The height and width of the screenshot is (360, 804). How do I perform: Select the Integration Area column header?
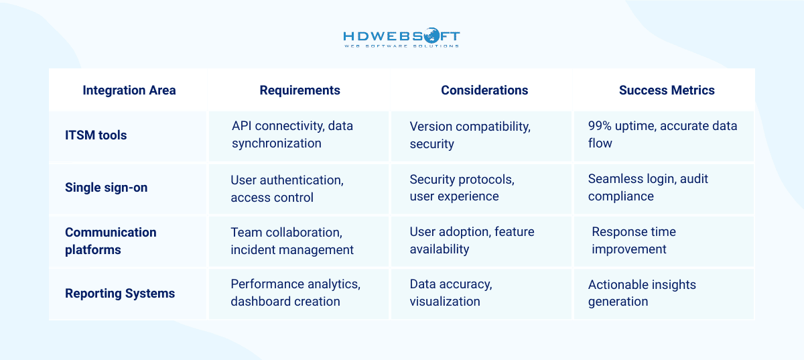pyautogui.click(x=129, y=91)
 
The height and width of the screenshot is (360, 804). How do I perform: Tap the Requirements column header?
pyautogui.click(x=299, y=91)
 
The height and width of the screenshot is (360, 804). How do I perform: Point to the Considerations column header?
pyautogui.click(x=484, y=91)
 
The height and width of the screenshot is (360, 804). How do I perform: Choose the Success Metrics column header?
pyautogui.click(x=666, y=91)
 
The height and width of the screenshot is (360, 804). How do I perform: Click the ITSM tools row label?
pyautogui.click(x=95, y=135)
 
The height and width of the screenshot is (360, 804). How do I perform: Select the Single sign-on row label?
pyautogui.click(x=106, y=188)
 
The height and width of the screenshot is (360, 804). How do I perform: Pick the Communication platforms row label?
pyautogui.click(x=111, y=241)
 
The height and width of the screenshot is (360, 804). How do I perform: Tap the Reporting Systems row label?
pyautogui.click(x=119, y=294)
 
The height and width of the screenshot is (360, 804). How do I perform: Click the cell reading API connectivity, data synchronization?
pyautogui.click(x=292, y=135)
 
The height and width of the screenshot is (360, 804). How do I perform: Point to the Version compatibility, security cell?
pyautogui.click(x=470, y=135)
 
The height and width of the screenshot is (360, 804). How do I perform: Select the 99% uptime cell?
pyautogui.click(x=662, y=135)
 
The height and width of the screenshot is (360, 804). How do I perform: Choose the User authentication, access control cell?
pyautogui.click(x=286, y=188)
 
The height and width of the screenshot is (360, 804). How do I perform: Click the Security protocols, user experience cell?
pyautogui.click(x=462, y=188)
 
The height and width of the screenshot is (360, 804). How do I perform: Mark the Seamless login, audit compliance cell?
pyautogui.click(x=647, y=188)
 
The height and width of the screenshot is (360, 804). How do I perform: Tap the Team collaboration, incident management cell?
pyautogui.click(x=291, y=241)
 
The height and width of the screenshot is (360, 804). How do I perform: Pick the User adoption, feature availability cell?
pyautogui.click(x=472, y=241)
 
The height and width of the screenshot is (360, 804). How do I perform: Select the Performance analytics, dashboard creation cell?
pyautogui.click(x=295, y=293)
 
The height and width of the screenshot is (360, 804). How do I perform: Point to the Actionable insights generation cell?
pyautogui.click(x=641, y=293)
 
